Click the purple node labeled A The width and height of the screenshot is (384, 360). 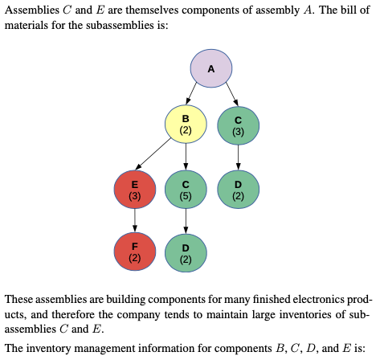[210, 68]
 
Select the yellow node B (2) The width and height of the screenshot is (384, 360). [186, 124]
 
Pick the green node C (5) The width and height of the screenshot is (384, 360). [186, 189]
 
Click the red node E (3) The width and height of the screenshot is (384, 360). [134, 189]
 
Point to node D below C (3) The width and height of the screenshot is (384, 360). [238, 189]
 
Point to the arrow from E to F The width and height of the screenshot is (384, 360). [134, 220]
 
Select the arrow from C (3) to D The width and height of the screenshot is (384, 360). [238, 157]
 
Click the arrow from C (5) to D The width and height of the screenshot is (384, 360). [186, 220]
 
